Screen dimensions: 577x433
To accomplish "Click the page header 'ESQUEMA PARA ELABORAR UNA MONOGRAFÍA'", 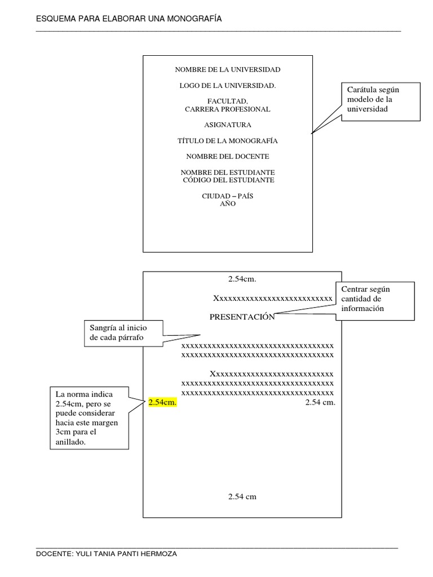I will point(129,19).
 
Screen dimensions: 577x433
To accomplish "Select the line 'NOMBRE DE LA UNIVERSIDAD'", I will point(227,70).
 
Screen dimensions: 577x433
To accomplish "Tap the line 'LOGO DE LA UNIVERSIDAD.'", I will point(227,86).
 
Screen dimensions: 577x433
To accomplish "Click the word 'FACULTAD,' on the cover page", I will point(227,101).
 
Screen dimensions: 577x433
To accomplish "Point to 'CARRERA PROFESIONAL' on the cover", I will point(227,109).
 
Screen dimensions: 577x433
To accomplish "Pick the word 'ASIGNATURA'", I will point(227,125).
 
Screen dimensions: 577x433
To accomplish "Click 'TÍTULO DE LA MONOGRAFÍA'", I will point(227,141).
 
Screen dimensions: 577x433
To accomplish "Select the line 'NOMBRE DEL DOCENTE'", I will point(227,156).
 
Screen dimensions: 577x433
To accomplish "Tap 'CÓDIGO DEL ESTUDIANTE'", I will point(228,180).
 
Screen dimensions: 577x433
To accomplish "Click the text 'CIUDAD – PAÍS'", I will point(227,196).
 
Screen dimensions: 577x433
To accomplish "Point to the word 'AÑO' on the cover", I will point(227,204).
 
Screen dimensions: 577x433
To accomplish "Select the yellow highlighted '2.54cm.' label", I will point(162,402).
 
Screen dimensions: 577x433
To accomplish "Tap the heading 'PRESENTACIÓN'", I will point(242,317).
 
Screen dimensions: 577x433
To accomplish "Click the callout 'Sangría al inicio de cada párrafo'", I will point(123,332).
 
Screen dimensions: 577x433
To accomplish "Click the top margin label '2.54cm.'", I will point(242,279).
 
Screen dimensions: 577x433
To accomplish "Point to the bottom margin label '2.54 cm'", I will point(242,496).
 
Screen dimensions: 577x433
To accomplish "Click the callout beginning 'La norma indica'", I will point(88,418).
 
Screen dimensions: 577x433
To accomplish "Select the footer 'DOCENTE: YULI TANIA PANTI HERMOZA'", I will point(107,554).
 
